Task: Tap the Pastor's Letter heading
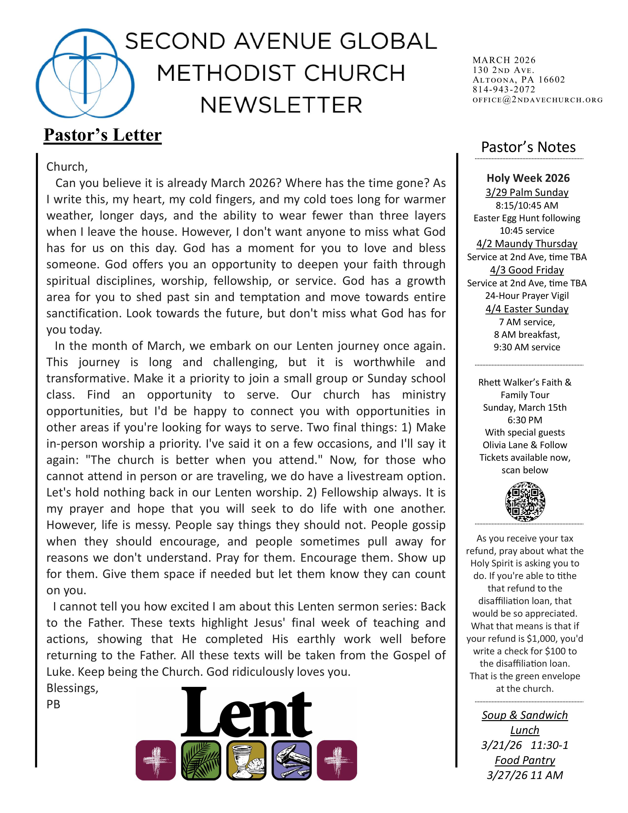point(103,135)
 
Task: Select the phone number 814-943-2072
point(504,89)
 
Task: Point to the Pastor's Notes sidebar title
point(528,147)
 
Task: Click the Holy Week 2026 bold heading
point(528,178)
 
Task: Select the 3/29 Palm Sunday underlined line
point(527,192)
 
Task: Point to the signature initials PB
point(53,704)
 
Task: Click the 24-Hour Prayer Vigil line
point(527,296)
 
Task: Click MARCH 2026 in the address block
point(504,60)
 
